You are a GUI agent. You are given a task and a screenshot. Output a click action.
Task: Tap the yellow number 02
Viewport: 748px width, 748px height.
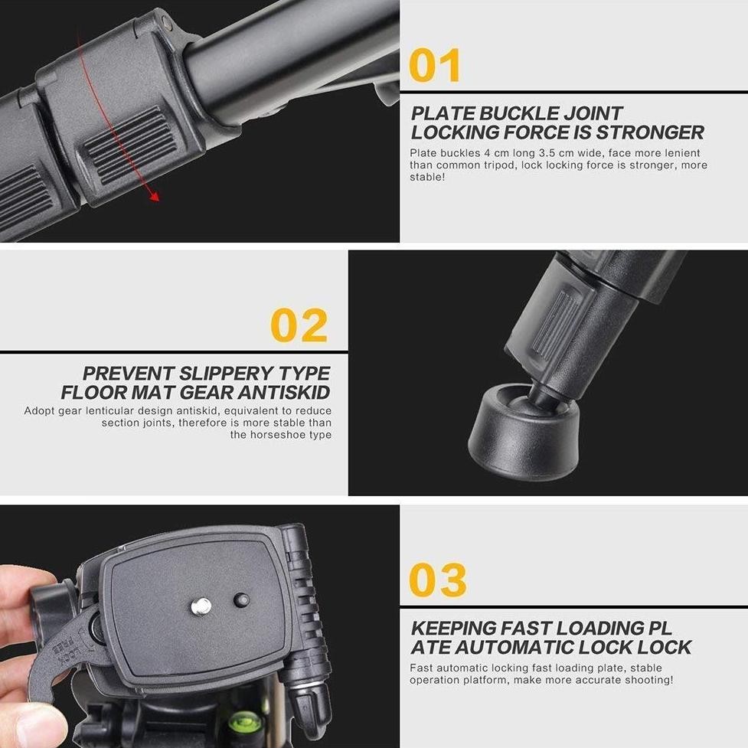point(299,325)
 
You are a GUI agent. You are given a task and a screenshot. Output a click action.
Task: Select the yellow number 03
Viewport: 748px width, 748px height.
point(437,580)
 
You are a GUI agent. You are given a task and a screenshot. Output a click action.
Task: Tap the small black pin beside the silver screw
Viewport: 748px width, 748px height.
point(241,599)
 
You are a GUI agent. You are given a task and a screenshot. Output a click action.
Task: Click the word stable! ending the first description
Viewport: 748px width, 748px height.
point(426,178)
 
